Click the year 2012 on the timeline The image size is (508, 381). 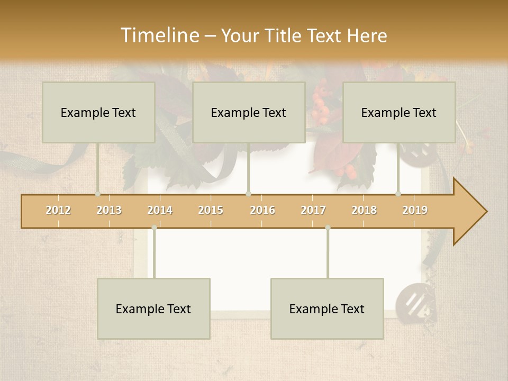tap(58, 210)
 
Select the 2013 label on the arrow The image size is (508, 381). tap(109, 210)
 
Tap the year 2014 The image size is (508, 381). tap(160, 210)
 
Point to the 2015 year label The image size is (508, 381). tap(211, 210)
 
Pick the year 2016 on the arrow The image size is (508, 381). tap(262, 210)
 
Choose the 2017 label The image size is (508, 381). tap(313, 210)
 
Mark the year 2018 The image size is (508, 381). tap(364, 210)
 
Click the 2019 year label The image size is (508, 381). tap(415, 210)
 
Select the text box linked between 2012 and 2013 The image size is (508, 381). tap(98, 112)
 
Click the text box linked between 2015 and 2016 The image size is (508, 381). tap(249, 112)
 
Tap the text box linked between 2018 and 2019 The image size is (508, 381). tap(399, 112)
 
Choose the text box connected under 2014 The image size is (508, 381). tap(153, 309)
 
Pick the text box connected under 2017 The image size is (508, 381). tap(327, 309)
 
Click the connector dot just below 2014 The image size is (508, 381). tap(154, 228)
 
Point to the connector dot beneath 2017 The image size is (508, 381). tap(328, 228)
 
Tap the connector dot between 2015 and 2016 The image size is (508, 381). tap(249, 194)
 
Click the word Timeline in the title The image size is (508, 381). tap(158, 35)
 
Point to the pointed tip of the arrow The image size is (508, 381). tap(486, 212)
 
